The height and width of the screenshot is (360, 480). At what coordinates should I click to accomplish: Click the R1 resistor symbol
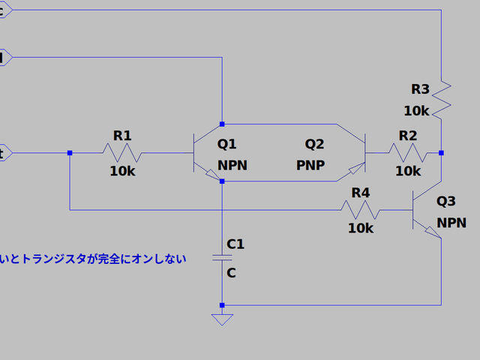coord(122,153)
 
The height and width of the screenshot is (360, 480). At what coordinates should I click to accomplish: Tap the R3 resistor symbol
coord(442,96)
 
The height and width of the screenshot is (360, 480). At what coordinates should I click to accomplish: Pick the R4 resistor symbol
coord(361,210)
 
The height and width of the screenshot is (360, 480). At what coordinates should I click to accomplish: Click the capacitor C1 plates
coord(222,258)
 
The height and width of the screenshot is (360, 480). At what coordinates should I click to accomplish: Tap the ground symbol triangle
coord(222,319)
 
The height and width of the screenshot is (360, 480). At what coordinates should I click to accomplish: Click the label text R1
coord(122,136)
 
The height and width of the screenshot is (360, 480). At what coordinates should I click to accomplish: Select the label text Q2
coord(314,144)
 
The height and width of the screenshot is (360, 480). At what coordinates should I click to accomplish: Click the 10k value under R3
coord(416,110)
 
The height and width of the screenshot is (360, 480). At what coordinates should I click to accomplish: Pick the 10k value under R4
coord(361,228)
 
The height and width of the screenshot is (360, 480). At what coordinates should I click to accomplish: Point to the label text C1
coord(235,244)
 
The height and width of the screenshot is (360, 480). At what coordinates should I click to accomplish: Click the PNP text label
coord(310,165)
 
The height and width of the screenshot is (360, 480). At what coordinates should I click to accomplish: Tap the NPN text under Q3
coord(451,223)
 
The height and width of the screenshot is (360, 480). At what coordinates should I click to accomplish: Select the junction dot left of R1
coord(69,153)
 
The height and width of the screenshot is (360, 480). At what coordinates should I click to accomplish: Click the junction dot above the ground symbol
coord(222,305)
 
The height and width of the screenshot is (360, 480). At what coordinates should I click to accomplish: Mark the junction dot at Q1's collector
coord(222,124)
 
